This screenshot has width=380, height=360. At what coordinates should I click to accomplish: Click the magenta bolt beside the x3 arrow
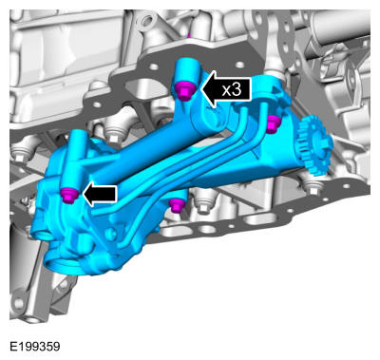pyautogui.click(x=184, y=90)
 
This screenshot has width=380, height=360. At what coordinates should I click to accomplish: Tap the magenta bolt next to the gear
pyautogui.click(x=273, y=123)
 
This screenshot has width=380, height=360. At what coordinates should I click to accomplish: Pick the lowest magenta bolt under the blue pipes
pyautogui.click(x=176, y=205)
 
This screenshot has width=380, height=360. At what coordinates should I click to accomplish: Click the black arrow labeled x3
pyautogui.click(x=226, y=89)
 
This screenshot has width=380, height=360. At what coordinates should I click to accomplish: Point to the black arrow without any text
pyautogui.click(x=100, y=194)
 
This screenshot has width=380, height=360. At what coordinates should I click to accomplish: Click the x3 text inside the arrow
pyautogui.click(x=232, y=90)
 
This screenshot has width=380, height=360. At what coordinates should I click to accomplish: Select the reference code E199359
pyautogui.click(x=35, y=347)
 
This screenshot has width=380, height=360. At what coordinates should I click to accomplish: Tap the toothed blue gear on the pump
pyautogui.click(x=314, y=145)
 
